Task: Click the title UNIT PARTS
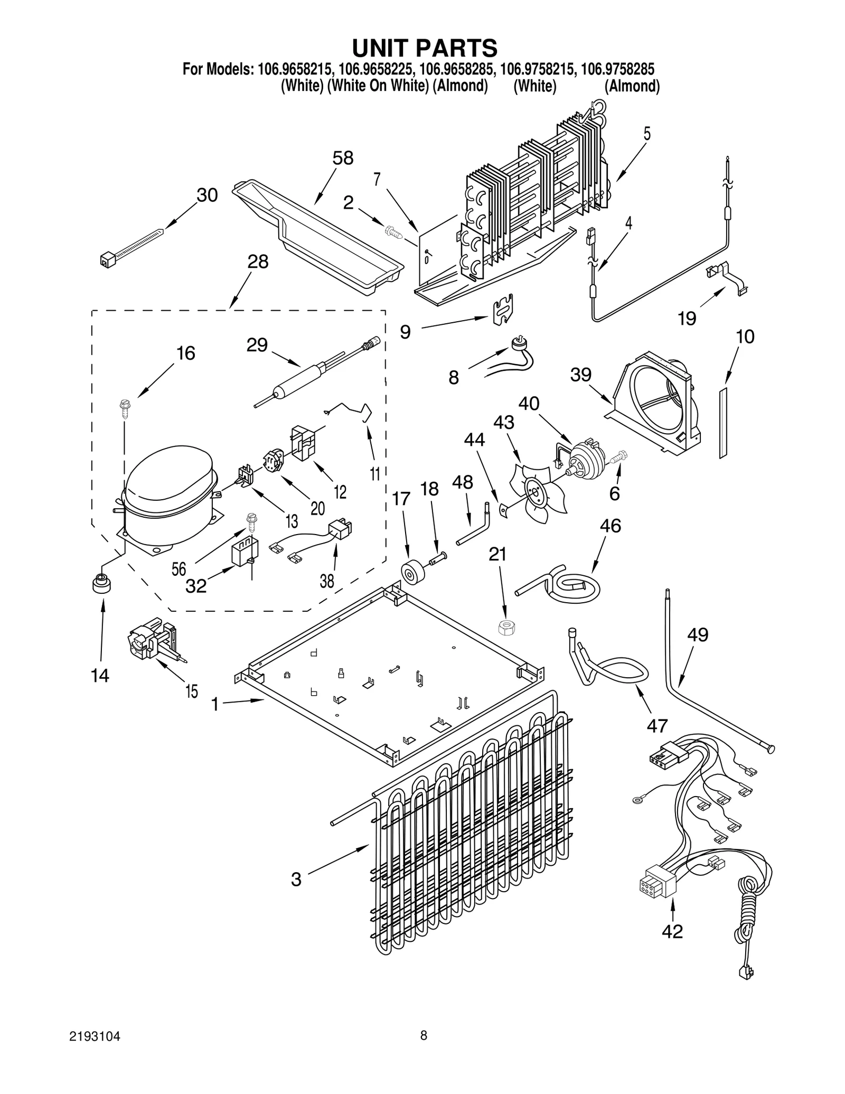(424, 48)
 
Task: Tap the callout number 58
(343, 158)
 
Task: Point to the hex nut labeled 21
(506, 628)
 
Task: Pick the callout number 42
(672, 931)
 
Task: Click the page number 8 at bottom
(424, 1035)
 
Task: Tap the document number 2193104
(95, 1036)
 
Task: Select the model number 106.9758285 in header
(617, 69)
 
